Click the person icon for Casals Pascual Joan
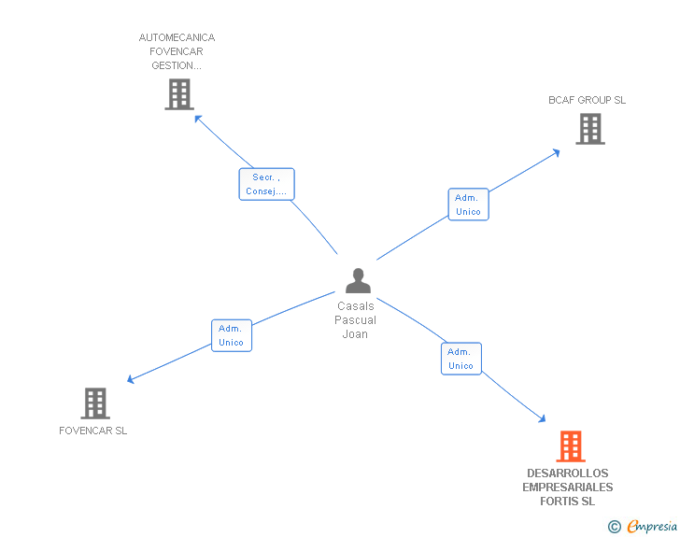click(x=358, y=280)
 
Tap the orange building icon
click(x=571, y=446)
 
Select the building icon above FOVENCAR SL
click(x=95, y=403)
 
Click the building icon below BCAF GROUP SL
click(x=590, y=129)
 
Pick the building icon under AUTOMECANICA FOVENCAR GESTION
click(x=179, y=94)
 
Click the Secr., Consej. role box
click(x=266, y=184)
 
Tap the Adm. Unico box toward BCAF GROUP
click(x=468, y=205)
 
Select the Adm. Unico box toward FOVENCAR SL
click(x=231, y=335)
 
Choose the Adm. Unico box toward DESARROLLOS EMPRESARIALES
click(x=460, y=359)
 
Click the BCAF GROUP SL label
click(x=587, y=100)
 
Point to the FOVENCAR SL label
click(x=92, y=431)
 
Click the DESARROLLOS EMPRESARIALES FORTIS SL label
click(x=567, y=488)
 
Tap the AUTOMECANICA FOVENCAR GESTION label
click(x=177, y=51)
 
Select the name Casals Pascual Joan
click(x=356, y=319)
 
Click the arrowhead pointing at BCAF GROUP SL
click(x=555, y=151)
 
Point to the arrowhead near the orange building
click(x=540, y=419)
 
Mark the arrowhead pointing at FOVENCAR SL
click(x=132, y=379)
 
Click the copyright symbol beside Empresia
click(x=614, y=527)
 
